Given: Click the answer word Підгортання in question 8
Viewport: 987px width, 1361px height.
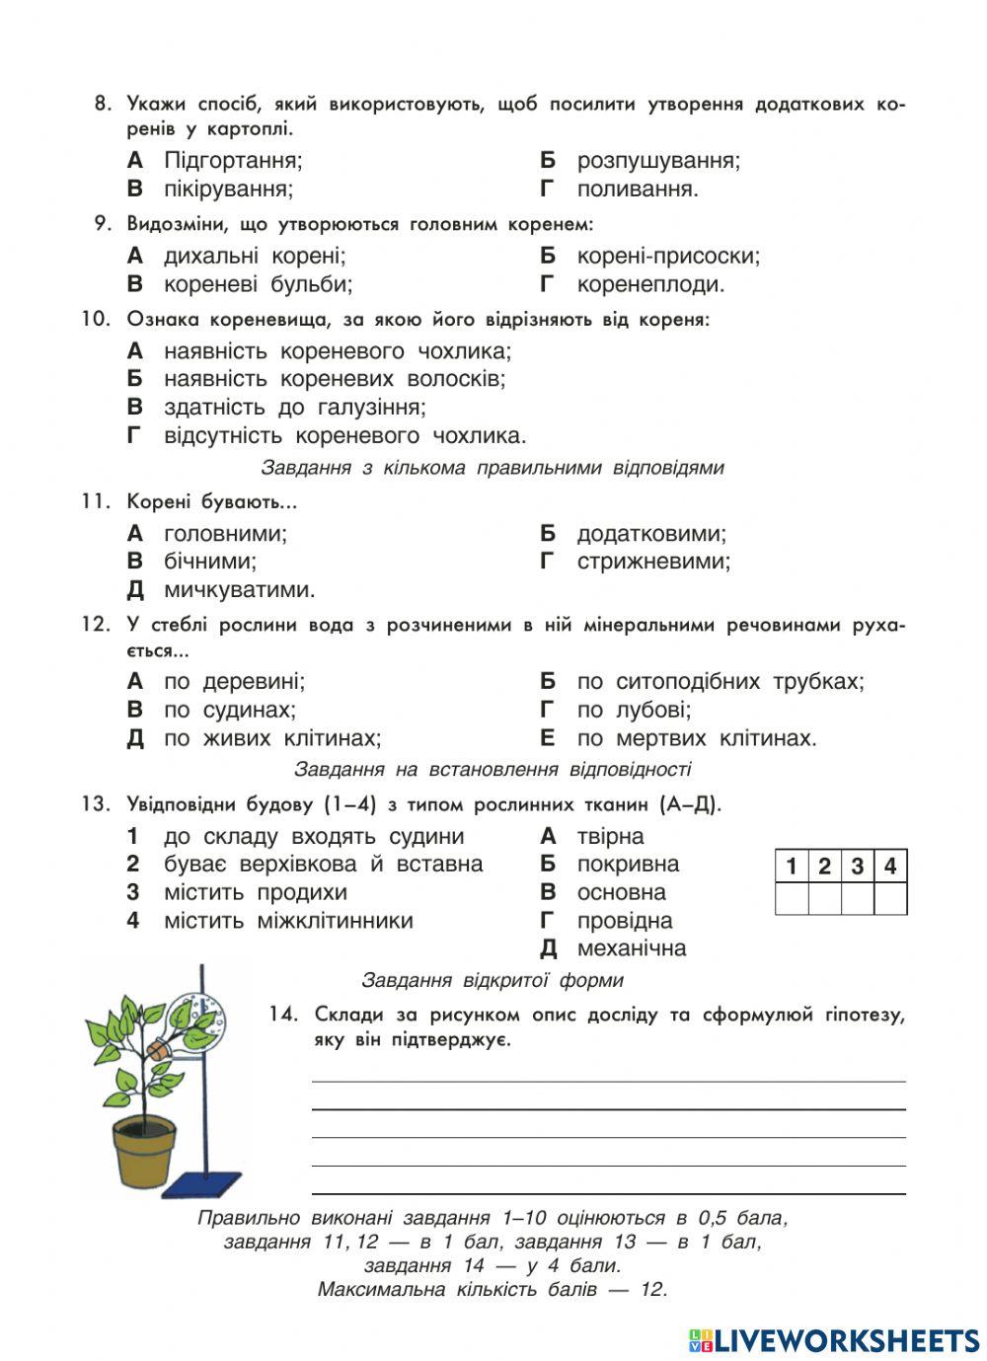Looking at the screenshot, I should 232,160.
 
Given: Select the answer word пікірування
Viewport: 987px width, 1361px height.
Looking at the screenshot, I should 228,189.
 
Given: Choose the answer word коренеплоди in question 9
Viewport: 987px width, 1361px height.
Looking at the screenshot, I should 650,284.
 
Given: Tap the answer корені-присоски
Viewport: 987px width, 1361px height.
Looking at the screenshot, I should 668,257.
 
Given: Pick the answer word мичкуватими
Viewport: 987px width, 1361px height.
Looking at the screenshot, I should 239,590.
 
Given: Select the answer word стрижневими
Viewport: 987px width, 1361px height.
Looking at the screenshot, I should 653,562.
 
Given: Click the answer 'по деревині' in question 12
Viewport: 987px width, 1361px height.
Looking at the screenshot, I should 234,681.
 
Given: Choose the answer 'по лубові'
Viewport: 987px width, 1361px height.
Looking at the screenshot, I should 634,710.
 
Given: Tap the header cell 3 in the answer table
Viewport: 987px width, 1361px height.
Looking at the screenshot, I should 858,867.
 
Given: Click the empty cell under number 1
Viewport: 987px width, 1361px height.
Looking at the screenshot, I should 792,898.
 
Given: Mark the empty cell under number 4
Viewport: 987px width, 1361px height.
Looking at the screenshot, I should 890,898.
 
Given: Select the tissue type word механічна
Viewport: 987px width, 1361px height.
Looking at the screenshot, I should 631,948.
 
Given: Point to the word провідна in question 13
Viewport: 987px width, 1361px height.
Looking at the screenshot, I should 625,921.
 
